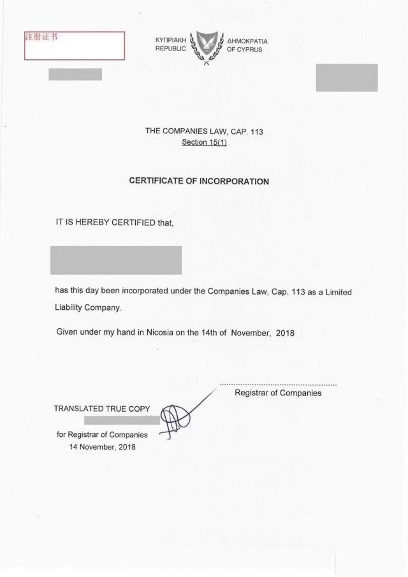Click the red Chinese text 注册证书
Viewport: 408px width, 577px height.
pyautogui.click(x=40, y=36)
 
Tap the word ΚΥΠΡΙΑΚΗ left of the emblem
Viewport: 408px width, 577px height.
pyautogui.click(x=170, y=40)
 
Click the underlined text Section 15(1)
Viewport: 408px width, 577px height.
pyautogui.click(x=204, y=142)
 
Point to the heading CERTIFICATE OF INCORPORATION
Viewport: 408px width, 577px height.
pyautogui.click(x=199, y=181)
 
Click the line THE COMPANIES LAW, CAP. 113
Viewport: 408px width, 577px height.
pyautogui.click(x=204, y=131)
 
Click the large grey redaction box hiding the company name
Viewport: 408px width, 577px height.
pyautogui.click(x=115, y=259)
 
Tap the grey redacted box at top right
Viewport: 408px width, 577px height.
pyautogui.click(x=346, y=78)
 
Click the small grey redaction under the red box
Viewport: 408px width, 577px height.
pyautogui.click(x=75, y=74)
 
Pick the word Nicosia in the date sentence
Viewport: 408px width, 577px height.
pyautogui.click(x=163, y=332)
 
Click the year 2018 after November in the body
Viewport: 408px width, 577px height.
pyautogui.click(x=284, y=333)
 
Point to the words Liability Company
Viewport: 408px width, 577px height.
pyautogui.click(x=88, y=307)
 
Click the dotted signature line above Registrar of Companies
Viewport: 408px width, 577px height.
pyautogui.click(x=278, y=385)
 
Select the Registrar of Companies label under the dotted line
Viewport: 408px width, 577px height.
pyautogui.click(x=278, y=393)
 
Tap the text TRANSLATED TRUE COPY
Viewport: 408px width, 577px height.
pyautogui.click(x=102, y=408)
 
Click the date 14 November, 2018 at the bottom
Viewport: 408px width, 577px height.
pyautogui.click(x=102, y=446)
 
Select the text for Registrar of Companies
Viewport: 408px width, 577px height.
pyautogui.click(x=102, y=435)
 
